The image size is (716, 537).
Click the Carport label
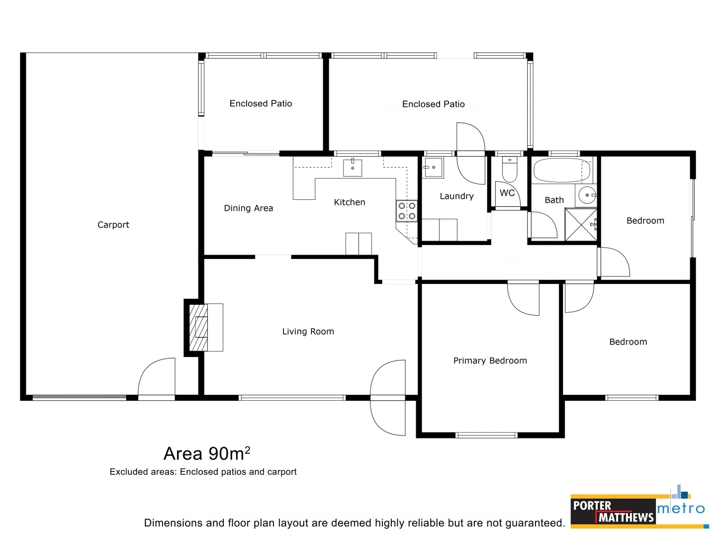[113, 225]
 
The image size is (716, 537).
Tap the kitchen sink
[353, 168]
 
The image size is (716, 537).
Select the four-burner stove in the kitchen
[406, 211]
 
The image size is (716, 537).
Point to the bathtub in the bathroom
[561, 171]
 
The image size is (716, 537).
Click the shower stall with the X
[580, 225]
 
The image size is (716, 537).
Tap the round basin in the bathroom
[587, 195]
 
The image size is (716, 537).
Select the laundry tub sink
[433, 168]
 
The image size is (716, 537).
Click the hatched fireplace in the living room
[199, 327]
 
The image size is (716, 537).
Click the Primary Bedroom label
[490, 361]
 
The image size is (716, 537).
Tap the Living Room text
[308, 332]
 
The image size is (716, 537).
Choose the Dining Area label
[248, 208]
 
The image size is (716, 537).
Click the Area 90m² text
[207, 453]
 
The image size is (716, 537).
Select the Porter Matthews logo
[613, 512]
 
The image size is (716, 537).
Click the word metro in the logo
[681, 509]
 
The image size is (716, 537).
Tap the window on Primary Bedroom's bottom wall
[486, 436]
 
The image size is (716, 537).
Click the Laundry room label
[456, 196]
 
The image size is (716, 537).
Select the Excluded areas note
[203, 472]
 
